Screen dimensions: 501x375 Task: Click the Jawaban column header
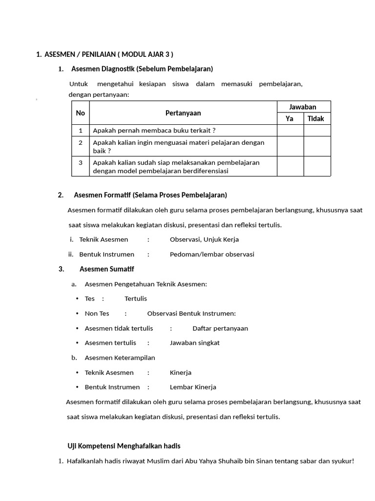[303, 107]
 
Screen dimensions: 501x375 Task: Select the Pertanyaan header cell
[183, 113]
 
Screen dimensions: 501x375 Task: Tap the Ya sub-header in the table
[290, 118]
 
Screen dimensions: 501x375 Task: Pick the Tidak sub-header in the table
[316, 118]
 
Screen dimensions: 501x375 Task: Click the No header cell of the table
[81, 113]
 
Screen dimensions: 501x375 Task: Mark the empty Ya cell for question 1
[290, 130]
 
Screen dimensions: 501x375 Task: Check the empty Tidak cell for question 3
[317, 166]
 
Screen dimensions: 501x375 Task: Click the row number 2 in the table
[81, 142]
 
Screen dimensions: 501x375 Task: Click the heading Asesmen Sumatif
[106, 269]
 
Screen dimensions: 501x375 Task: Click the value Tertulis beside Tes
[136, 298]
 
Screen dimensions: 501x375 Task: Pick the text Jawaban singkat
[195, 342]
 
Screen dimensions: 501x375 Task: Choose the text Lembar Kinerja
[193, 387]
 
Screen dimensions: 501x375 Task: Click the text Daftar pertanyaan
[220, 328]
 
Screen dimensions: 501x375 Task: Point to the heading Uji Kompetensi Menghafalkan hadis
[124, 446]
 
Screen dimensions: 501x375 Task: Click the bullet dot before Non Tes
[77, 314]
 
